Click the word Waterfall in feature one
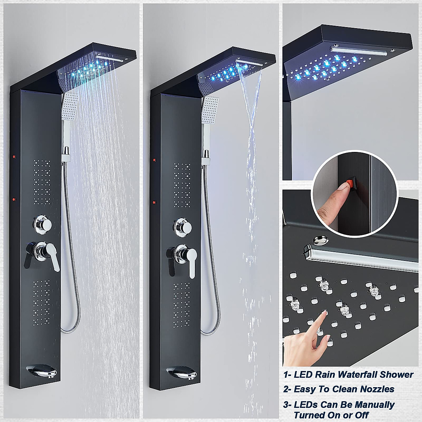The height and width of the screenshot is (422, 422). point(352,375)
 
